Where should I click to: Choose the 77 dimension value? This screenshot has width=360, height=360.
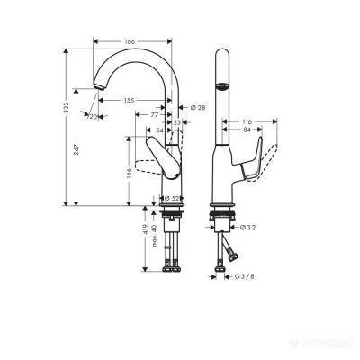[155, 115]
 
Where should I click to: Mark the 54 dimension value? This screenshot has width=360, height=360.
[160, 130]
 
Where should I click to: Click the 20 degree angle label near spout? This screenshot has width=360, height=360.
[94, 116]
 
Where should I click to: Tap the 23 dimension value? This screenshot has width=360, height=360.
[177, 121]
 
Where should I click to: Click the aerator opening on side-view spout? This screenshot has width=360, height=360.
[220, 87]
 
